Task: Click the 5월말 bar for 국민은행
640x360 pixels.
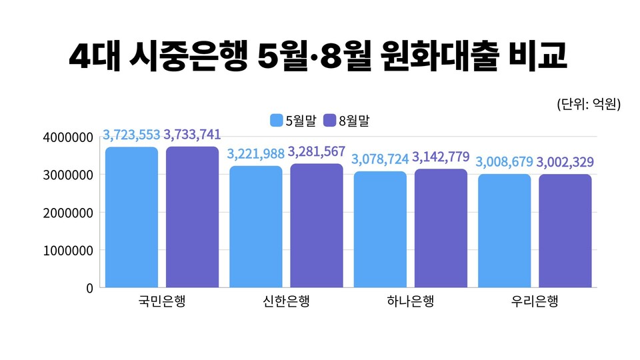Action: [131, 217]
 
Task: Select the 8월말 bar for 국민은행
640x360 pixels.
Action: [192, 217]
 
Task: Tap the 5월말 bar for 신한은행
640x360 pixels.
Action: [256, 227]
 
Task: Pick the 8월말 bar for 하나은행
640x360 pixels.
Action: [441, 229]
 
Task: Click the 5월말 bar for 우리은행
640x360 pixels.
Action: [505, 231]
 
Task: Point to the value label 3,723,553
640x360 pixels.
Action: [131, 135]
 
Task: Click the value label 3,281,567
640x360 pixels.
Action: [317, 152]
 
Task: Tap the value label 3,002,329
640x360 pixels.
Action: [566, 162]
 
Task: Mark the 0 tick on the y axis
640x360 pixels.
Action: [89, 288]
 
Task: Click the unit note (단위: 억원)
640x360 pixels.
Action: [588, 104]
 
